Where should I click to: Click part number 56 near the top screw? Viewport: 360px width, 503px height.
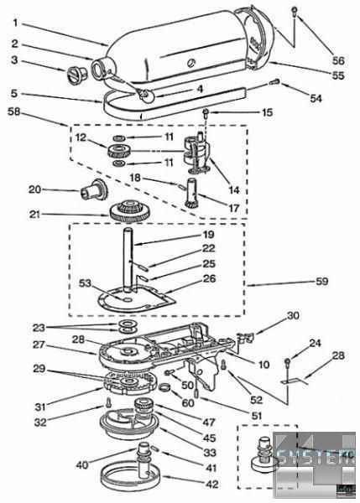click(338, 60)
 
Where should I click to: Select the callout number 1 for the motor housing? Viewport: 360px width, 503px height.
click(16, 23)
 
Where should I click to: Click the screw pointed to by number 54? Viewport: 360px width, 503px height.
click(274, 82)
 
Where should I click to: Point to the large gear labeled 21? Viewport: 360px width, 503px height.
click(130, 211)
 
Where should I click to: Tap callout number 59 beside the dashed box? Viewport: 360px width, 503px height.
click(321, 282)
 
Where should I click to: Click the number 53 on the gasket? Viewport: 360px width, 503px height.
click(85, 283)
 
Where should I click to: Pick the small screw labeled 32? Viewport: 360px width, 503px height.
click(109, 402)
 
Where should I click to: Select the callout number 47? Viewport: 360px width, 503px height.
click(209, 423)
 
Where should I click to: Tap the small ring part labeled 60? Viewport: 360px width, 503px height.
click(165, 386)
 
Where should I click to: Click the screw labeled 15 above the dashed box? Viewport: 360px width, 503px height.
click(206, 112)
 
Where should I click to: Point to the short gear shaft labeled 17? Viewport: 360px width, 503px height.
click(192, 193)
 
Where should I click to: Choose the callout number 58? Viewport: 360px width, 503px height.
click(13, 112)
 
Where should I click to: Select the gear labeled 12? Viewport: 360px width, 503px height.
click(119, 152)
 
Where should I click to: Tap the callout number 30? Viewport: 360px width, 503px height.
click(292, 316)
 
